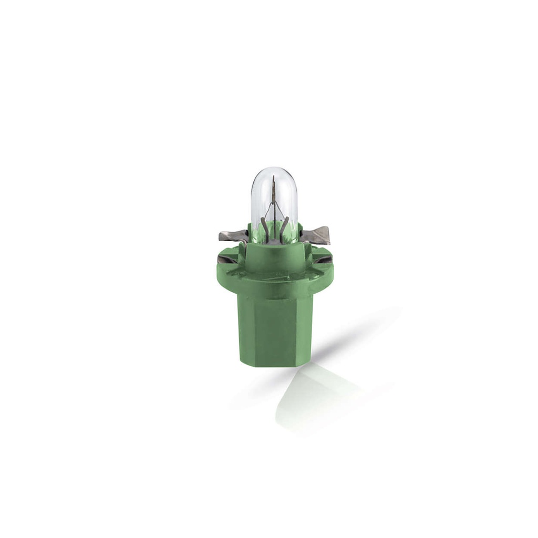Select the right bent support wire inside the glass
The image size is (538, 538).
(x=284, y=226)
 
